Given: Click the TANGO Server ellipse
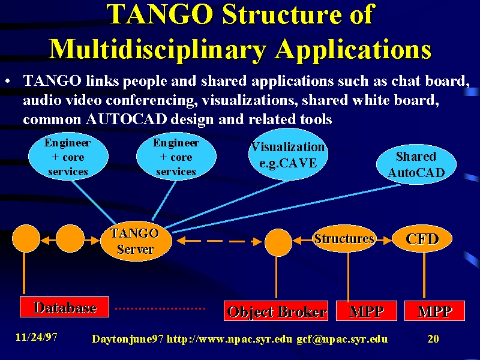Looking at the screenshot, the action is (136, 241).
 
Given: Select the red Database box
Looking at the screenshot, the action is (64, 307).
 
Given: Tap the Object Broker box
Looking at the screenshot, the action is (276, 311).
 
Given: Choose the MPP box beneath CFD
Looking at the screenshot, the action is (434, 311).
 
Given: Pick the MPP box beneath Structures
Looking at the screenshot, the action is (367, 311).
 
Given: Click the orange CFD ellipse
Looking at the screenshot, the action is (422, 239).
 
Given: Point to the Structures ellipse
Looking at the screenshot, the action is (344, 239).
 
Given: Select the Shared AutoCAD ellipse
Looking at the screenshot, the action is (416, 164).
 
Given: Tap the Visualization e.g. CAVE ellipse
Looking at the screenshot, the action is (288, 155).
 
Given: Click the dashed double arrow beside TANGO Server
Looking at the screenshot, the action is (219, 241).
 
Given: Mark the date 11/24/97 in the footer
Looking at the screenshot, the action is (37, 337).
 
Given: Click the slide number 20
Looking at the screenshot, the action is (433, 338).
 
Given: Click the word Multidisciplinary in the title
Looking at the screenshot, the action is (157, 49).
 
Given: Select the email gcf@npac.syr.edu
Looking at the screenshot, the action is (342, 339).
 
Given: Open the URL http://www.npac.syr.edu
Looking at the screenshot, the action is (229, 339).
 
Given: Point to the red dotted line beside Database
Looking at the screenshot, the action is (160, 308).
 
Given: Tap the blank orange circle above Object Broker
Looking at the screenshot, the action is (278, 242).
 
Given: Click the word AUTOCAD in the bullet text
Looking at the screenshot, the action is (127, 119).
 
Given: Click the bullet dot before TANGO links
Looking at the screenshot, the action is (8, 82).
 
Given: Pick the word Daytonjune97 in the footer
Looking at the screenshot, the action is (128, 339).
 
